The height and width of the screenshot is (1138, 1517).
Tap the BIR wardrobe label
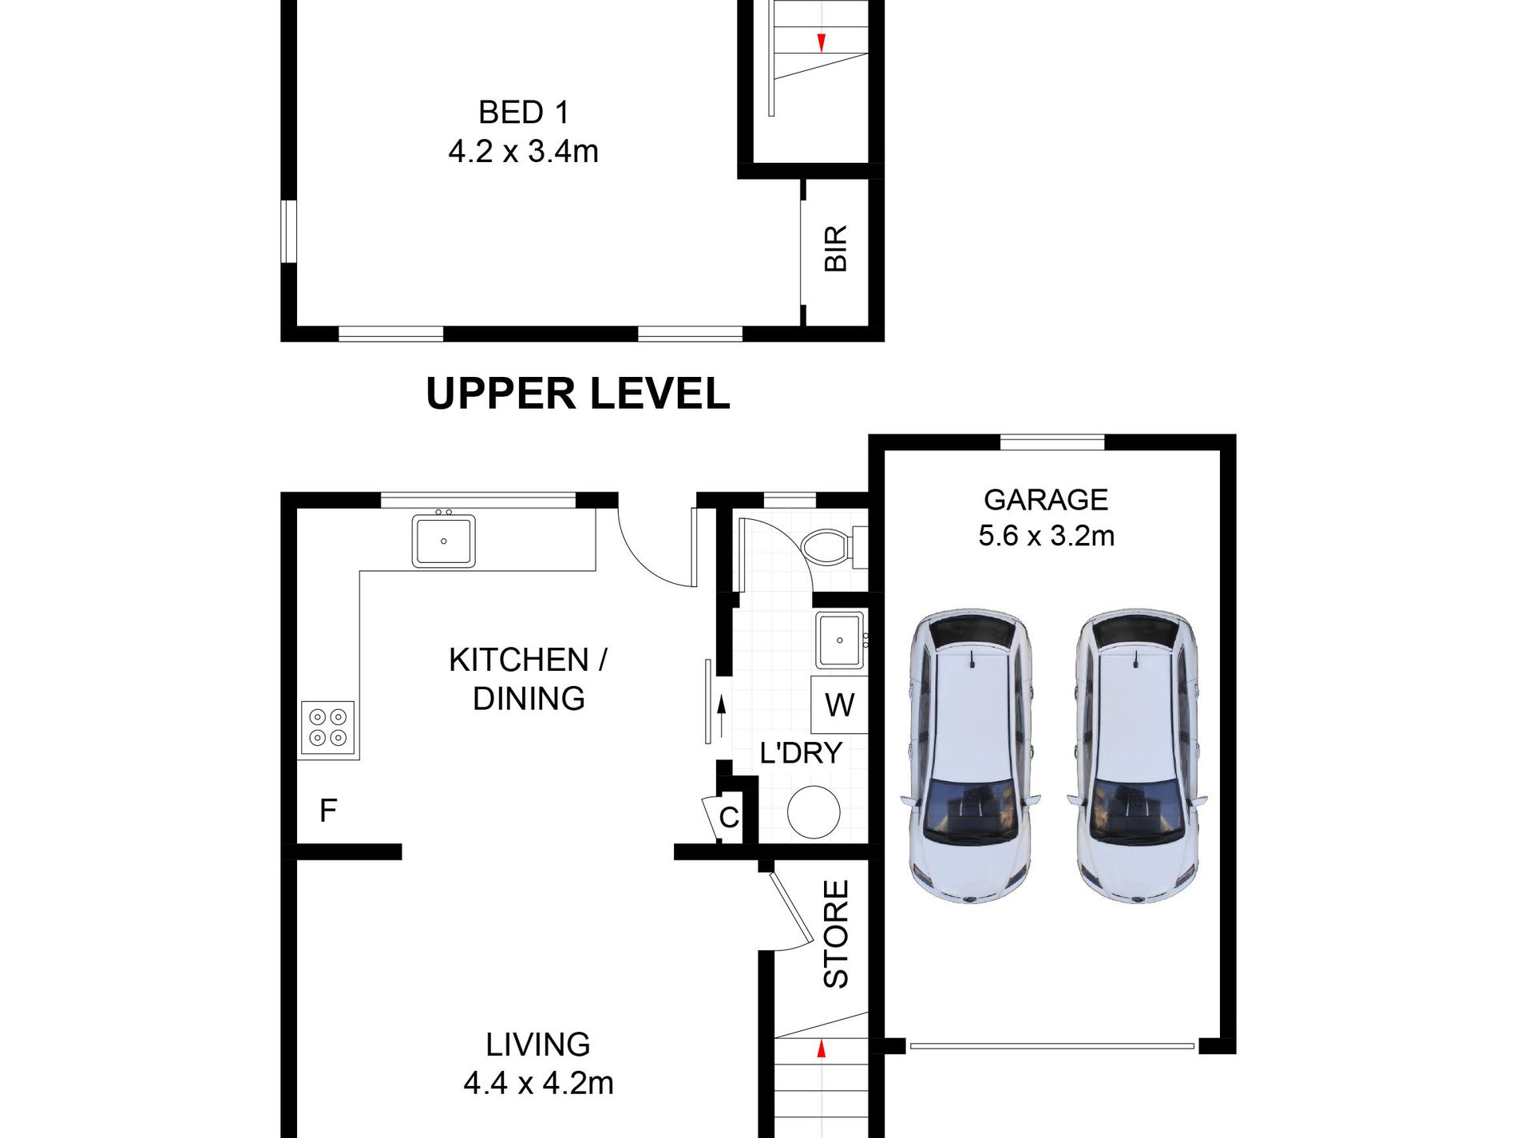(x=835, y=248)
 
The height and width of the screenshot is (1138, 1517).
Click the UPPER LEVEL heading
(x=578, y=394)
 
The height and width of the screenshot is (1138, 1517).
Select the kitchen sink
(x=444, y=541)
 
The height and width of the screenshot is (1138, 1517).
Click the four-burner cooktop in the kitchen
(x=328, y=728)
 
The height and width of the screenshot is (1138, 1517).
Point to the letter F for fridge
(x=328, y=811)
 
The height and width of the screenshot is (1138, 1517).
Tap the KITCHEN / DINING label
(x=528, y=679)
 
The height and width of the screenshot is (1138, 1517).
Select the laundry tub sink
(x=840, y=640)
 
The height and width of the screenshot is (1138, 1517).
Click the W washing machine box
(x=839, y=704)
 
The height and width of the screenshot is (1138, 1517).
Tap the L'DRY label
(x=801, y=753)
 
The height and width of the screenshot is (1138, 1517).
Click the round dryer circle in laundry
(x=814, y=812)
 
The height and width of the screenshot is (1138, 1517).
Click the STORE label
(x=836, y=934)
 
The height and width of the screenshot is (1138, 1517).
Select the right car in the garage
(x=1137, y=757)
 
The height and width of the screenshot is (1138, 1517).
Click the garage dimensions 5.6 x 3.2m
(x=1047, y=535)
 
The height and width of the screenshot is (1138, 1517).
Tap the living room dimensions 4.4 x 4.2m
(x=539, y=1083)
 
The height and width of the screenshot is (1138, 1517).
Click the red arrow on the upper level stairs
(x=821, y=42)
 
